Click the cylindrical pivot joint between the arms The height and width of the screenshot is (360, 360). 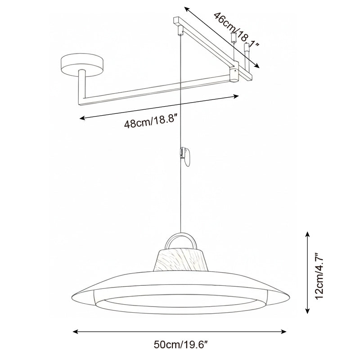[234, 75]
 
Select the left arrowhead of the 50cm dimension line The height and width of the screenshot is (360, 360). [76, 332]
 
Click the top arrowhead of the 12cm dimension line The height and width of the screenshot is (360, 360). [308, 234]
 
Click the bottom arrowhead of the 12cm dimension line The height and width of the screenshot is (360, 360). [308, 311]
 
